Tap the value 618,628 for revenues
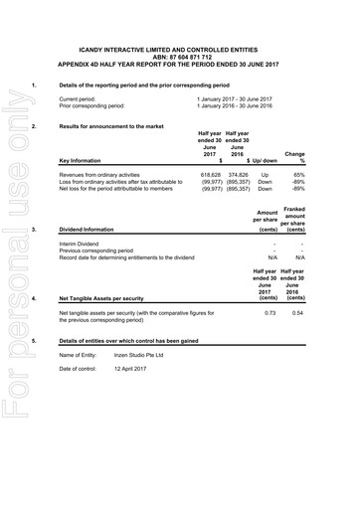211,174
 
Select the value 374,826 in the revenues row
237,174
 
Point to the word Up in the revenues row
265,174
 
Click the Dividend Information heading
90,230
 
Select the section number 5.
34,341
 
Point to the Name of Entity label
83,355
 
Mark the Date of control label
82,370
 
